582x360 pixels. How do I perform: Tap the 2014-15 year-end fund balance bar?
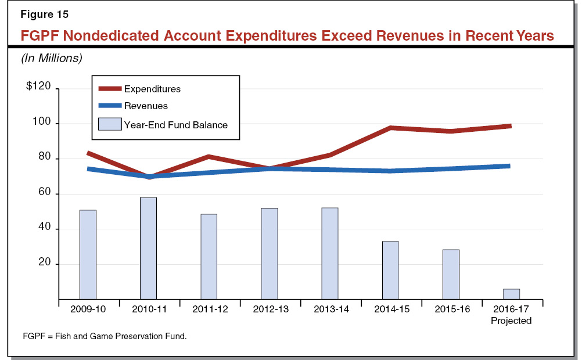(390, 270)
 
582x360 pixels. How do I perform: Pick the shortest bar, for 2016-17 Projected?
(511, 294)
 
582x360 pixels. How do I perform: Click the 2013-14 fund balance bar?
(330, 253)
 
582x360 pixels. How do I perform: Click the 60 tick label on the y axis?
(45, 193)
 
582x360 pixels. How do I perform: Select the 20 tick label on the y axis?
(45, 264)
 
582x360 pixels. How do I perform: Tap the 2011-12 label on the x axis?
(209, 309)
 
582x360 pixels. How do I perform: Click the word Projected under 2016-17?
(511, 321)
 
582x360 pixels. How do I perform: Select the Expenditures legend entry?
(152, 89)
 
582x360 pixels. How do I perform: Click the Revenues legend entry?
(146, 106)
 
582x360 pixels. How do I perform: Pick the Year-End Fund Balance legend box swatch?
(110, 124)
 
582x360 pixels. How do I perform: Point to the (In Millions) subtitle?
(52, 58)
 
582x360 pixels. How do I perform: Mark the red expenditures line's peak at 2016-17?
(510, 126)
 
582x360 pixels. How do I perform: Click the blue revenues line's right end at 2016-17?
(509, 166)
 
